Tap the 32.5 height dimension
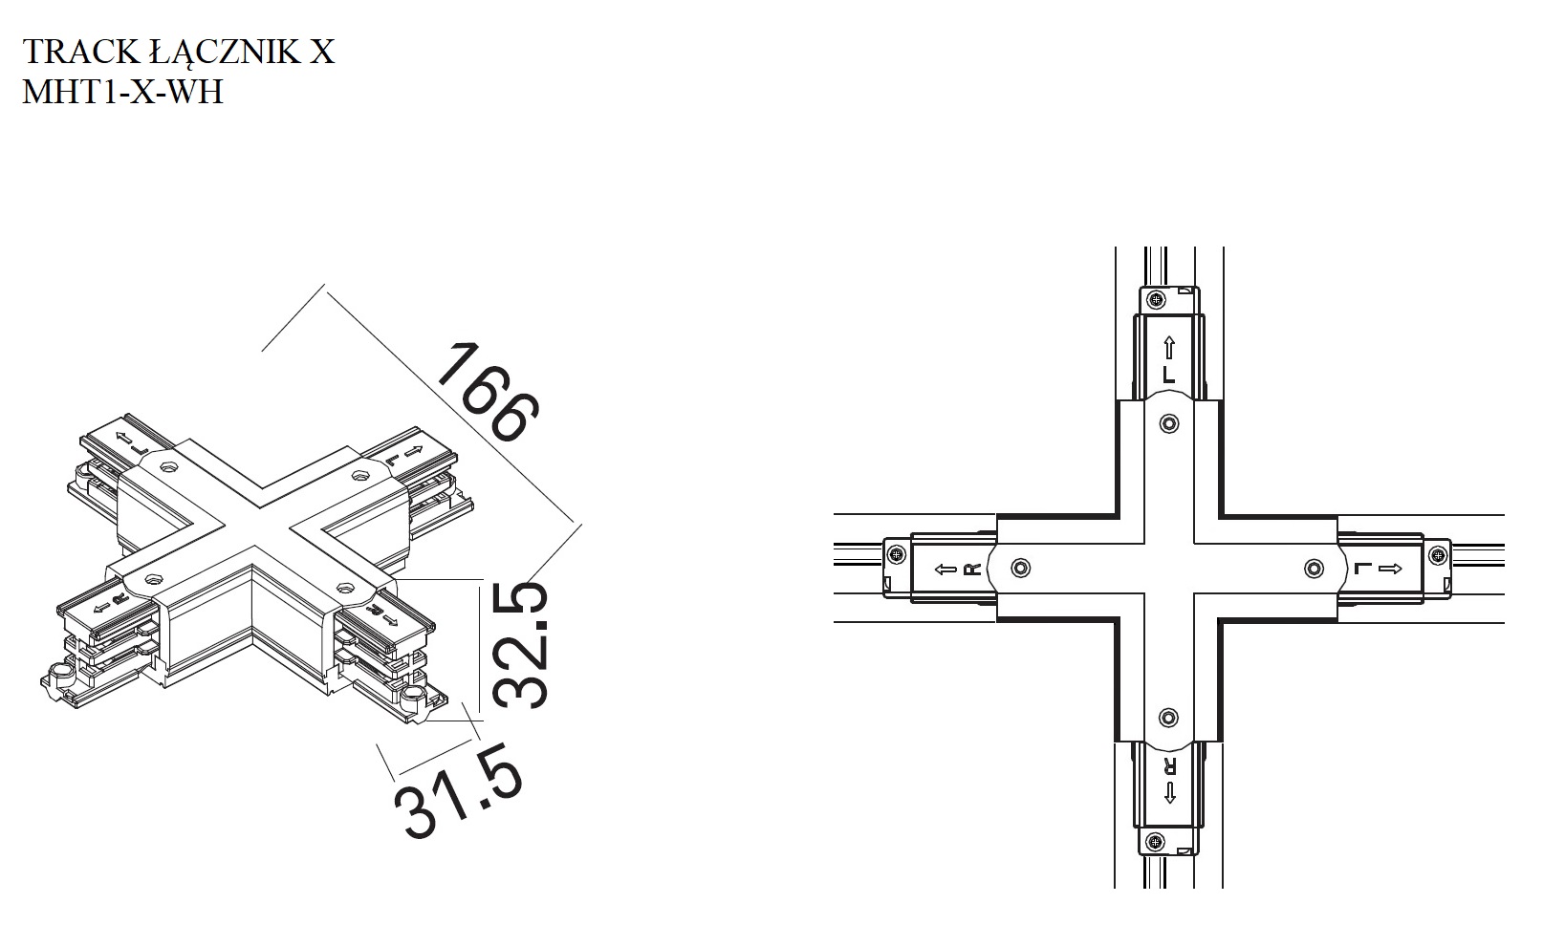tap(521, 645)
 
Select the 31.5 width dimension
tap(459, 790)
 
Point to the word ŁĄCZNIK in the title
tap(225, 54)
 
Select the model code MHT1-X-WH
tap(123, 92)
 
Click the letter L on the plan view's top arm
tap(1169, 375)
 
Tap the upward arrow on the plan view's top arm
tap(1169, 348)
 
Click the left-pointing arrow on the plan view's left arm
tap(945, 569)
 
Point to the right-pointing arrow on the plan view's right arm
tap(1390, 569)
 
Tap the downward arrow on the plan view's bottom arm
tap(1169, 792)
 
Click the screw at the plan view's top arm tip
tap(1157, 300)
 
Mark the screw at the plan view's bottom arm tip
tap(1155, 841)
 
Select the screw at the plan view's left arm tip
tap(896, 554)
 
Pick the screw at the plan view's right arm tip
tap(1438, 554)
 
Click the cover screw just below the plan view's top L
tap(1169, 422)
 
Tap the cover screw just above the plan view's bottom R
tap(1168, 717)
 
